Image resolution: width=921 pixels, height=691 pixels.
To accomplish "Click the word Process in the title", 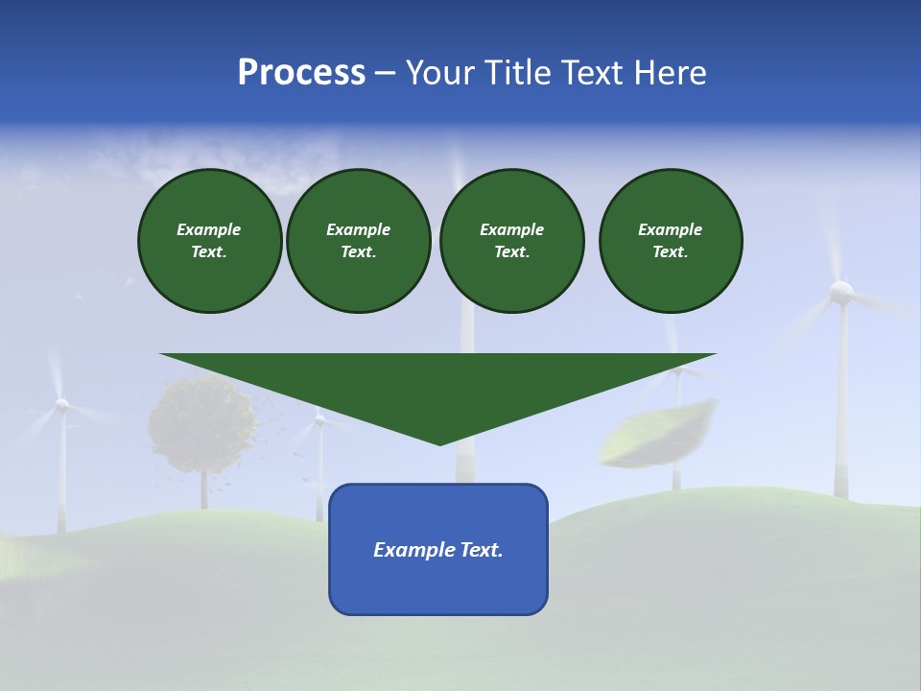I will tap(301, 73).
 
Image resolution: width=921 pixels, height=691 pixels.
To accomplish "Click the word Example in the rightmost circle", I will tap(670, 229).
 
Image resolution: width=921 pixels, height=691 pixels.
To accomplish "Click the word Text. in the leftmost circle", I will tap(209, 252).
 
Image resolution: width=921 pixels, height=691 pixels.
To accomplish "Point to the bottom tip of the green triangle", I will tap(439, 442).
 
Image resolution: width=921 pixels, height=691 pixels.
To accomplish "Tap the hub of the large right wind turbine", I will tap(840, 290).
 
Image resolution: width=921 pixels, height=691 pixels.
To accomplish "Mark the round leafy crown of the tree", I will tap(202, 422).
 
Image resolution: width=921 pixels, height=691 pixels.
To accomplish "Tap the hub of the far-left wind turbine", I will tap(61, 405).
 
